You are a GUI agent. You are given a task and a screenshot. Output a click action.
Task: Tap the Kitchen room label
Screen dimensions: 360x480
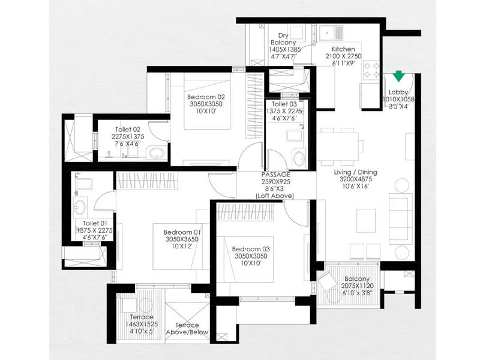[343, 49]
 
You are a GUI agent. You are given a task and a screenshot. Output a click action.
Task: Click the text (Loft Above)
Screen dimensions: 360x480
[276, 195]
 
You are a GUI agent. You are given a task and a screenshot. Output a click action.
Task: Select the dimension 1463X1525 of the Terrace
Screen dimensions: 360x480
[139, 323]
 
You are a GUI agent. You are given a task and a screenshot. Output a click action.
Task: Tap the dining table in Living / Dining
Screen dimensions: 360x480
[340, 144]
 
